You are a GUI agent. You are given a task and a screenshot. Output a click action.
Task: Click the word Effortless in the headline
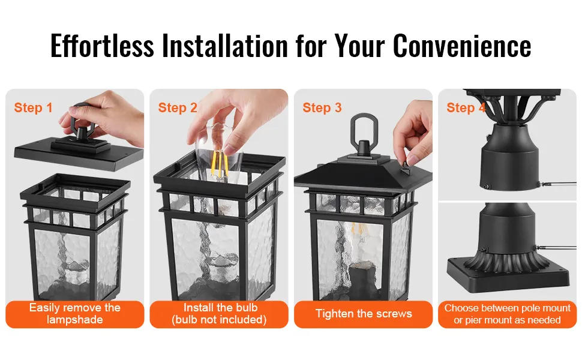102,46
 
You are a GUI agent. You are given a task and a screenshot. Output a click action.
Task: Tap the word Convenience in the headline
462,46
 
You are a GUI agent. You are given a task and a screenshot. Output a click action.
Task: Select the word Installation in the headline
225,46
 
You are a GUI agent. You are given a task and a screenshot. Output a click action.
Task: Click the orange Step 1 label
33,107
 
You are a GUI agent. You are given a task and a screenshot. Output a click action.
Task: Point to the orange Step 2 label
178,107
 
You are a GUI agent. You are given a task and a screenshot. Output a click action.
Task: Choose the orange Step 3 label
322,107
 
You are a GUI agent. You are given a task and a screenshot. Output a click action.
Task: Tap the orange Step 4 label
466,107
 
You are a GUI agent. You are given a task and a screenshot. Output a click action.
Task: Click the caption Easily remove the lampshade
75,314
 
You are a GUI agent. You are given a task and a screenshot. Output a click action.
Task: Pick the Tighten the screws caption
364,314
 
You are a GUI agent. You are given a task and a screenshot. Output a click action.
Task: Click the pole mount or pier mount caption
507,314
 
